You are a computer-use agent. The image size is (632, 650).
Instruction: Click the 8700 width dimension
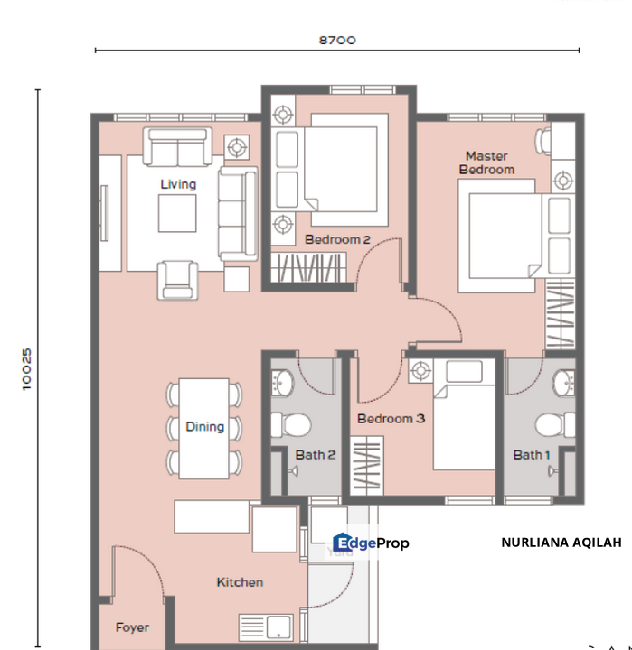pyautogui.click(x=337, y=40)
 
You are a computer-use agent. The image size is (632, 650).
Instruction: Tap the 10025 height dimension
pyautogui.click(x=27, y=369)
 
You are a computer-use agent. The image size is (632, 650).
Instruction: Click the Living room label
pyautogui.click(x=178, y=184)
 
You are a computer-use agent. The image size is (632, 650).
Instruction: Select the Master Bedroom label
pyautogui.click(x=486, y=162)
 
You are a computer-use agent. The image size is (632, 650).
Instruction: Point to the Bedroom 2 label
pyautogui.click(x=337, y=239)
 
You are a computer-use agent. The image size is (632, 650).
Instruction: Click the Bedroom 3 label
pyautogui.click(x=391, y=419)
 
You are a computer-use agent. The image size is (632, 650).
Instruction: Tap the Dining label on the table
pyautogui.click(x=204, y=426)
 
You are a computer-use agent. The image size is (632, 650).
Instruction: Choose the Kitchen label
pyautogui.click(x=240, y=582)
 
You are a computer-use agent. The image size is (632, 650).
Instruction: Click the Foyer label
pyautogui.click(x=132, y=627)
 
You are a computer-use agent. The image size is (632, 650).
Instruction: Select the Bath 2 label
pyautogui.click(x=316, y=455)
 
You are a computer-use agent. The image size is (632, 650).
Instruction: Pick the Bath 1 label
pyautogui.click(x=532, y=455)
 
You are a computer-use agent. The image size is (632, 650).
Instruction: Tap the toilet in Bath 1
pyautogui.click(x=554, y=424)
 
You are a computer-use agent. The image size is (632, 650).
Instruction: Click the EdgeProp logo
pyautogui.click(x=371, y=543)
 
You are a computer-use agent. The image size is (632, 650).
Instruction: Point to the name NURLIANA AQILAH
pyautogui.click(x=561, y=543)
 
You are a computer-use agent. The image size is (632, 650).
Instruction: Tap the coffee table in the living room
pyautogui.click(x=177, y=213)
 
